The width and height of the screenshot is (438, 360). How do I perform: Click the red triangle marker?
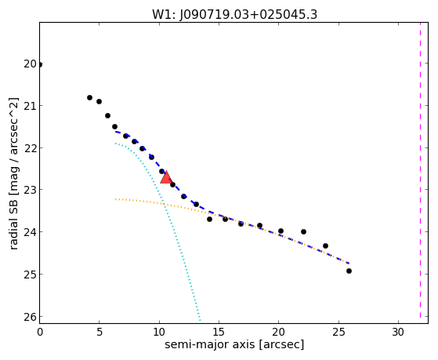166,178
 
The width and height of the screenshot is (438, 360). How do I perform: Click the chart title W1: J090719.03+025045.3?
234,15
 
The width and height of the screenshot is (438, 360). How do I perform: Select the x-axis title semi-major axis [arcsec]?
234,344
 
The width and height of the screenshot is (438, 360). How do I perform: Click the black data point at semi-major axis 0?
40,65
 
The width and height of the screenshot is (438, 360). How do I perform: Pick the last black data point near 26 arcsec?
349,271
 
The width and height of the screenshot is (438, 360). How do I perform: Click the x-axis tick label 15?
219,333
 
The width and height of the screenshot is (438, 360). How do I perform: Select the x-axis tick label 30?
398,333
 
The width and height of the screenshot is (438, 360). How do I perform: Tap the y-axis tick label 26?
31,317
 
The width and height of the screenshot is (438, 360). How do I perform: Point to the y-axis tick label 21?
31,105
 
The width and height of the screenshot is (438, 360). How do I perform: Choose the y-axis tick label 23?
31,190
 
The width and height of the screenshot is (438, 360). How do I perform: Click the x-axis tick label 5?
100,333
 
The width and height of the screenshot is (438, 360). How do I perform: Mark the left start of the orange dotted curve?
115,199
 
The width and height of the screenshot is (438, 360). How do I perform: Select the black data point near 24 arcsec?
325,245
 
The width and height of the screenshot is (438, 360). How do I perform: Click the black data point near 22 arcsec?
304,231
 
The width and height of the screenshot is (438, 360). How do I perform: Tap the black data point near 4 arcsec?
89,97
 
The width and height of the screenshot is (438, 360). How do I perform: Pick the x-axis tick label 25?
338,333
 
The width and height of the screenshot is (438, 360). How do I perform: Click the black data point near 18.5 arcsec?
260,225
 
